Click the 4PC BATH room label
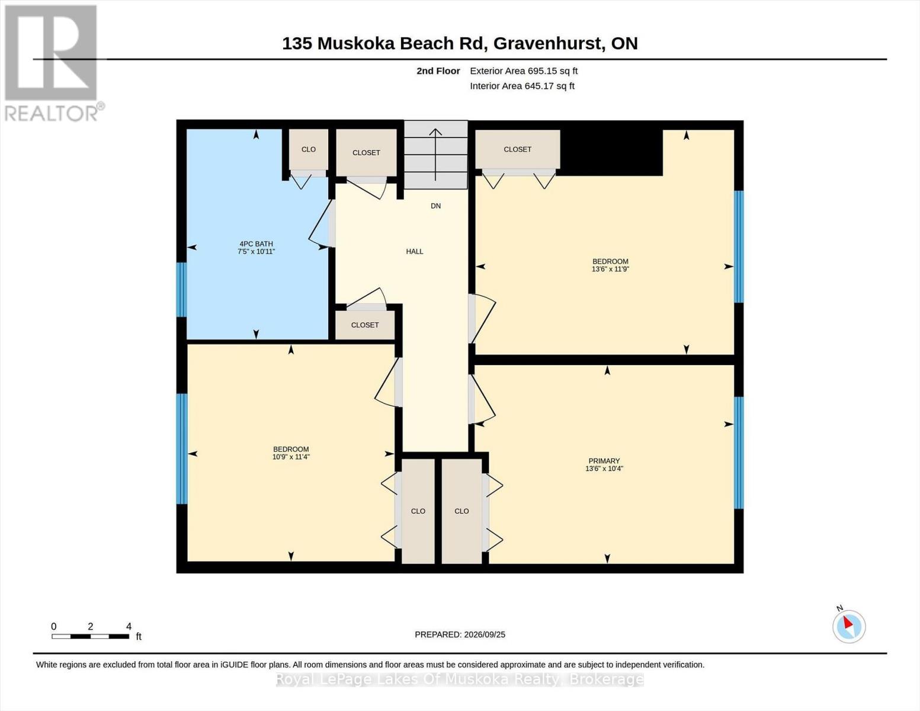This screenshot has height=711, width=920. pyautogui.click(x=256, y=244)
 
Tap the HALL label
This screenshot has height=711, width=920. pyautogui.click(x=415, y=252)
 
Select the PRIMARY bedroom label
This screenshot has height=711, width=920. pyautogui.click(x=604, y=461)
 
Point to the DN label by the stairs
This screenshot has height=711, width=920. pyautogui.click(x=435, y=206)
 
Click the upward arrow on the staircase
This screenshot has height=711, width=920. pyautogui.click(x=435, y=155)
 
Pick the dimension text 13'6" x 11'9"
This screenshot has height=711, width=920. pyautogui.click(x=610, y=269)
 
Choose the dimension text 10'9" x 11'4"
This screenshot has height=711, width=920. pyautogui.click(x=291, y=457)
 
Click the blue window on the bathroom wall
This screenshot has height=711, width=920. pyautogui.click(x=182, y=290)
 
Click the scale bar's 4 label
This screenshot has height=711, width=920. pyautogui.click(x=129, y=626)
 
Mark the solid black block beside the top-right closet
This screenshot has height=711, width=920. pyautogui.click(x=611, y=152)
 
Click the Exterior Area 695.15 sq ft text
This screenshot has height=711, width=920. pyautogui.click(x=524, y=71)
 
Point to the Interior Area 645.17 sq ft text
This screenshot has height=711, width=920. pyautogui.click(x=522, y=87)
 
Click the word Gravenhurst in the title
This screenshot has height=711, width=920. pyautogui.click(x=549, y=43)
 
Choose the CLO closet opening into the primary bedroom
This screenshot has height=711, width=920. pyautogui.click(x=461, y=511)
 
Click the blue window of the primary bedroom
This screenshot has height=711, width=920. pyautogui.click(x=738, y=452)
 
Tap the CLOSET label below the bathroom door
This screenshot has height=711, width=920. pyautogui.click(x=365, y=325)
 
